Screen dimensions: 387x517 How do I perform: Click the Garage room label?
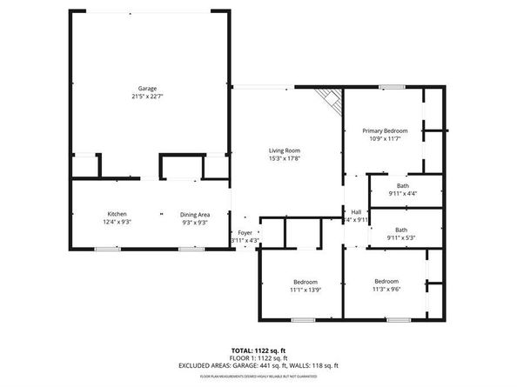[147, 89]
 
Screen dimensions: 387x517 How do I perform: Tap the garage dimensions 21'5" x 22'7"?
[147, 97]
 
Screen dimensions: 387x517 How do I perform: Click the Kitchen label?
[117, 214]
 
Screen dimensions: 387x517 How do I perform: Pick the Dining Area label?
[194, 214]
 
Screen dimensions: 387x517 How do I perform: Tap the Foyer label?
[245, 233]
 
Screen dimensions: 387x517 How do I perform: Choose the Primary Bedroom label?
[386, 130]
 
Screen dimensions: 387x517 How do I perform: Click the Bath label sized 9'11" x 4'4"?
[403, 185]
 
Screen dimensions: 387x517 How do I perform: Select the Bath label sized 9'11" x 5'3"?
[403, 230]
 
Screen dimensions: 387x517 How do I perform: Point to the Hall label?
[356, 211]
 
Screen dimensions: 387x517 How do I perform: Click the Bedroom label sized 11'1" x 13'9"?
[305, 282]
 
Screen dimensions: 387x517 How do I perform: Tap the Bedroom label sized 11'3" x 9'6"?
[387, 282]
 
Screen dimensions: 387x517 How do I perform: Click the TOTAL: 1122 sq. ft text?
[258, 349]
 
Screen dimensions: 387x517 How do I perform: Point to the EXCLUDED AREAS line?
[258, 365]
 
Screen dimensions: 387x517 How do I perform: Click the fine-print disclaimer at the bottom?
[258, 377]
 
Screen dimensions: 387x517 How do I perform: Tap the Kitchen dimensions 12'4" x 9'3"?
[117, 223]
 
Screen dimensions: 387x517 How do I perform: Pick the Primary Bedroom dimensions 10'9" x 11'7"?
[386, 139]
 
